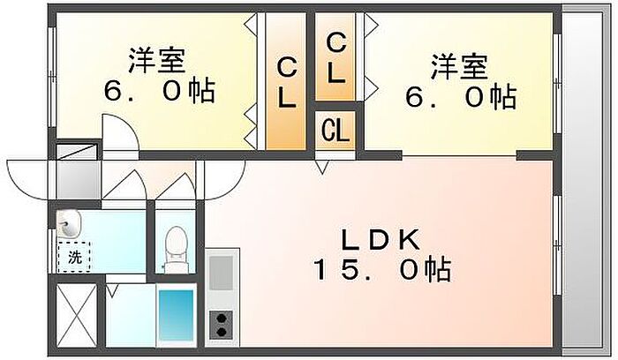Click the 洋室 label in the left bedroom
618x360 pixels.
tap(156, 61)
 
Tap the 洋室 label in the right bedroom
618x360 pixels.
tap(458, 65)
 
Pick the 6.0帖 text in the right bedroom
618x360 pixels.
tap(459, 96)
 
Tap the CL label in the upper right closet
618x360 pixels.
tap(335, 57)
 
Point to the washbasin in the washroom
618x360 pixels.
tap(69, 222)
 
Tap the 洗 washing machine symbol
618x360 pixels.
tap(74, 257)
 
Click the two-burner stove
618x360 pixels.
tap(221, 326)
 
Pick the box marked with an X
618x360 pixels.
tap(75, 314)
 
